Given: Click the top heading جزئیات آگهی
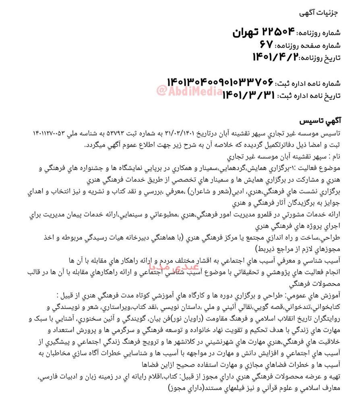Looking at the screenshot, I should coord(318,12).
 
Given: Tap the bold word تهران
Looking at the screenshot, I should coord(246,32).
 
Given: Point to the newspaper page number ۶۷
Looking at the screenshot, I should coord(266,44).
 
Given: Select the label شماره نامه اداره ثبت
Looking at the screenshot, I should coord(308,84).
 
